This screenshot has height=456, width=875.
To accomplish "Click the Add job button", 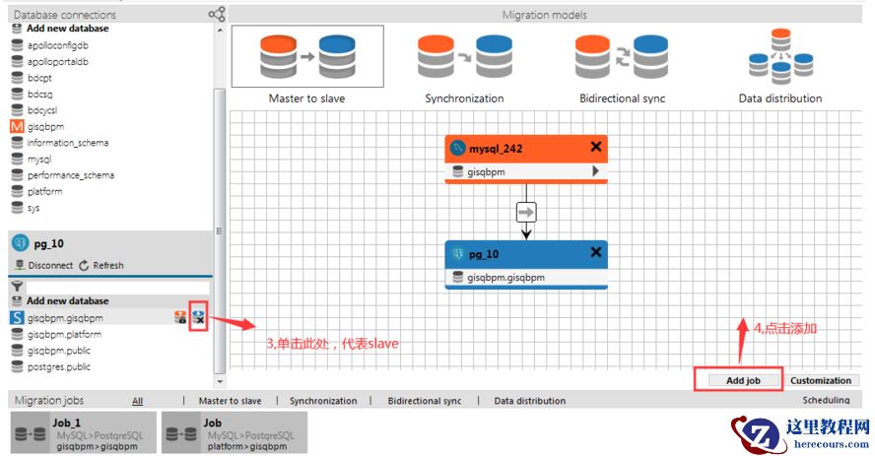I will [739, 380].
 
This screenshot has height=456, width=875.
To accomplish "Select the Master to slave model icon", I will [306, 57].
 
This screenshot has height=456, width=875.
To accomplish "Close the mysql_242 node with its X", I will [595, 147].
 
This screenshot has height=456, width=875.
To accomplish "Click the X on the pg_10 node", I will [595, 253].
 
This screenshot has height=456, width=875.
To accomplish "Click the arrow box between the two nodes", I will [526, 212].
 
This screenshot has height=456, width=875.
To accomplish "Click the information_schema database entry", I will [67, 143].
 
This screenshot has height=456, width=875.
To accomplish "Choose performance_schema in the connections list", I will [70, 175].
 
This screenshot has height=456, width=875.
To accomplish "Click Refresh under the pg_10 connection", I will [101, 265].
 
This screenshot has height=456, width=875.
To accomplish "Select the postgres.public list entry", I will [58, 366].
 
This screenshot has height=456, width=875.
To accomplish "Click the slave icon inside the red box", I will [198, 317].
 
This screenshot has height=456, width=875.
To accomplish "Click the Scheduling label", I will [826, 401].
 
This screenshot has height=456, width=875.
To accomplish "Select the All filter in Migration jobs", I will [138, 401].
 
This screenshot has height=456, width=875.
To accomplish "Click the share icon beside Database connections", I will [217, 14].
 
